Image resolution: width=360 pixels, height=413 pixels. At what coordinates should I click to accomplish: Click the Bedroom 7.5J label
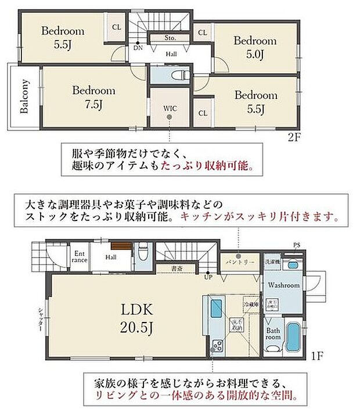(x=93, y=97)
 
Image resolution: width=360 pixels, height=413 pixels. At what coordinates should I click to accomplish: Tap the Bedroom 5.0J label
(x=255, y=48)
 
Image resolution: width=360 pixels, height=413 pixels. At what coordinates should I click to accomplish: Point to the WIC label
(x=170, y=108)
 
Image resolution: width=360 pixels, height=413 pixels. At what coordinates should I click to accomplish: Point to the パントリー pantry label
(x=237, y=262)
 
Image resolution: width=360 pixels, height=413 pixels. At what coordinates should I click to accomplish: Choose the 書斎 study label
(x=177, y=268)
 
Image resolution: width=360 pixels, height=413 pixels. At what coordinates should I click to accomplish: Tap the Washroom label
(x=284, y=285)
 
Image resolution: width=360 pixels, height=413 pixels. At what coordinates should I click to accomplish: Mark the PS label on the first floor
(x=297, y=245)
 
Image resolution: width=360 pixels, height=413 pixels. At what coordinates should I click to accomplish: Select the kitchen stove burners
(x=219, y=346)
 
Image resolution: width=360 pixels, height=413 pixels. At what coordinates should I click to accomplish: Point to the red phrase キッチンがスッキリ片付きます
(x=260, y=218)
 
